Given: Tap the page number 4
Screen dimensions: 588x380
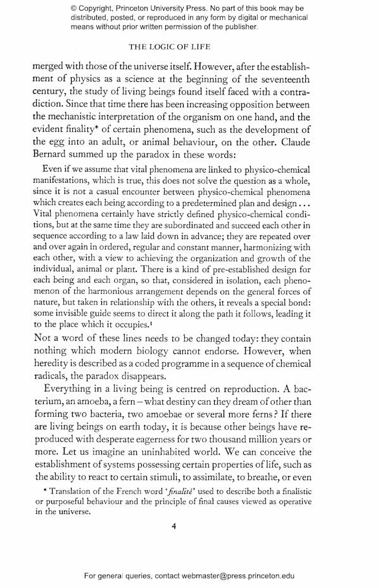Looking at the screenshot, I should [190, 524].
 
